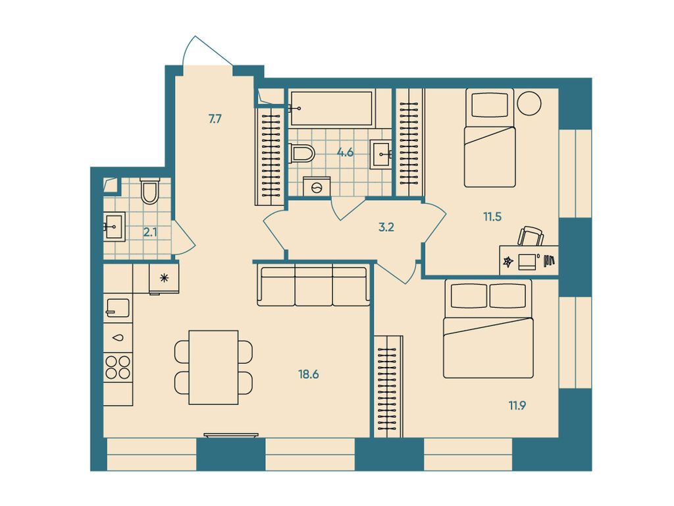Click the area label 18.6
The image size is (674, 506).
click(x=309, y=374)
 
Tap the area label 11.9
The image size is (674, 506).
click(x=516, y=405)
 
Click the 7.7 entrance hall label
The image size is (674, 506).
click(x=215, y=119)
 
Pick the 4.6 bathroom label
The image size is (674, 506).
click(x=346, y=153)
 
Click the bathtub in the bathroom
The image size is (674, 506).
click(x=331, y=107)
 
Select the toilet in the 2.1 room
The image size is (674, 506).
click(x=150, y=190)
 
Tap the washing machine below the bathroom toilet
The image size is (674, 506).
click(x=317, y=187)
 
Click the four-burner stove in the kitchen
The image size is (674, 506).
click(x=118, y=366)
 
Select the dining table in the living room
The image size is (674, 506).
click(x=213, y=367)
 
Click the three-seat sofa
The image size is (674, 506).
click(x=313, y=285)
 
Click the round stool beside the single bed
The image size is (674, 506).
click(x=529, y=103)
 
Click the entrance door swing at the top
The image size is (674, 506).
click(x=206, y=51)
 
